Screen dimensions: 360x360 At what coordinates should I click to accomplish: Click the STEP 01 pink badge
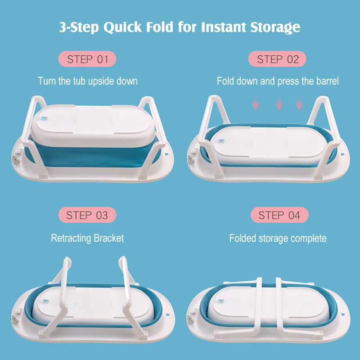87,59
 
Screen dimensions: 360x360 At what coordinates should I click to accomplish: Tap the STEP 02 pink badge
277,59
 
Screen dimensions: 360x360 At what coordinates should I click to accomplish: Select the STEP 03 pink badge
87,215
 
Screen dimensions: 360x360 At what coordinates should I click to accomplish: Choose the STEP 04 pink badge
279,215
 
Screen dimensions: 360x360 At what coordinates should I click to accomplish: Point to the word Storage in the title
275,27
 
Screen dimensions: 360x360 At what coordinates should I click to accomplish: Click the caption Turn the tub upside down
88,81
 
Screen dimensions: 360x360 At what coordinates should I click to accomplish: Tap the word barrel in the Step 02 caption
328,81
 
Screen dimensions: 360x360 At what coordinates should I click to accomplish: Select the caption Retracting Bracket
87,238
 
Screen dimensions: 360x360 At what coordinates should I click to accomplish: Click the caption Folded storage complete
278,238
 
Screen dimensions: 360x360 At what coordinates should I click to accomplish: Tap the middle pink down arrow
279,103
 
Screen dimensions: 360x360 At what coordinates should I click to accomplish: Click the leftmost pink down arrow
256,103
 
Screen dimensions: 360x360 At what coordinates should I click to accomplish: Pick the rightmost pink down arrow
299,103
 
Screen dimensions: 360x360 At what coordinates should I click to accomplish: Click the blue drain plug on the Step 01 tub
43,118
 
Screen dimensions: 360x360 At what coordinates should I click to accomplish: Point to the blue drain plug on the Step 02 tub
221,140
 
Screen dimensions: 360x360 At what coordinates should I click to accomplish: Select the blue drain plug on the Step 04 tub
221,301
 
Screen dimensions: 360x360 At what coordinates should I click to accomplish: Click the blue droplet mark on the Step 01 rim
166,154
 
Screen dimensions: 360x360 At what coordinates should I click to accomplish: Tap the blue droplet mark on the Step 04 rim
343,315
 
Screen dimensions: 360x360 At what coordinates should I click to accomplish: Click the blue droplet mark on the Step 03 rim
166,315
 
